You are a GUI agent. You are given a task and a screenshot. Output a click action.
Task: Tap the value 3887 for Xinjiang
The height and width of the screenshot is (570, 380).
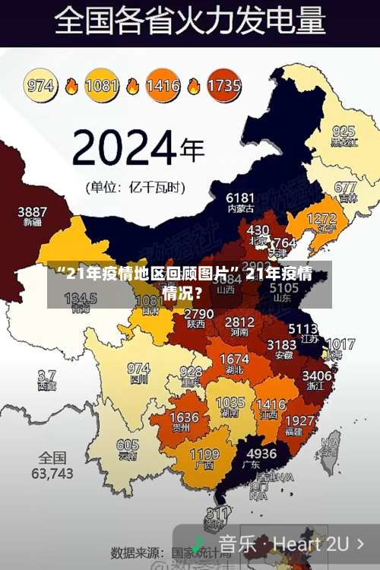[33, 211]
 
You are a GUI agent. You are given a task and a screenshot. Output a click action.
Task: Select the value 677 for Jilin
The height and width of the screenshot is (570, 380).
[345, 187]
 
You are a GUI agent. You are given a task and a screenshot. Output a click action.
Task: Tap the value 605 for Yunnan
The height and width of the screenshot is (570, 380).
[128, 445]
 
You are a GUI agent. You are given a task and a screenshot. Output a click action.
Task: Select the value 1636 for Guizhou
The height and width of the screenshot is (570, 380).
[184, 418]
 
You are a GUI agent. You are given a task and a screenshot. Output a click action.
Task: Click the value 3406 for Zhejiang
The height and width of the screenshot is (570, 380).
[317, 375]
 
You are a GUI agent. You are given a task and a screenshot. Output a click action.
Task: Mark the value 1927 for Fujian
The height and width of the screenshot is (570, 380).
[300, 420]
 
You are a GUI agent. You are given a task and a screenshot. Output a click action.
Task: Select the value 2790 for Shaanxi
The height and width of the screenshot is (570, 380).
[198, 314]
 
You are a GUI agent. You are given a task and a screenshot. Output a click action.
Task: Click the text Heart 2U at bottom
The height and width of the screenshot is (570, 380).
[311, 544]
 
